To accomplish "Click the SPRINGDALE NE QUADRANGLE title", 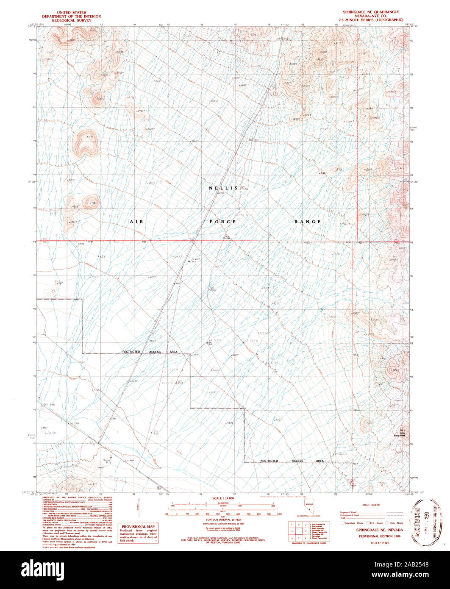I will [x=371, y=12].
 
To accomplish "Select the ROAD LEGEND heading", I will [x=372, y=505].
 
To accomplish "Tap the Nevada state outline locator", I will [x=309, y=507].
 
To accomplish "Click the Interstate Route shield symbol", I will [x=343, y=523].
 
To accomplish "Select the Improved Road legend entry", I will [x=348, y=512].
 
